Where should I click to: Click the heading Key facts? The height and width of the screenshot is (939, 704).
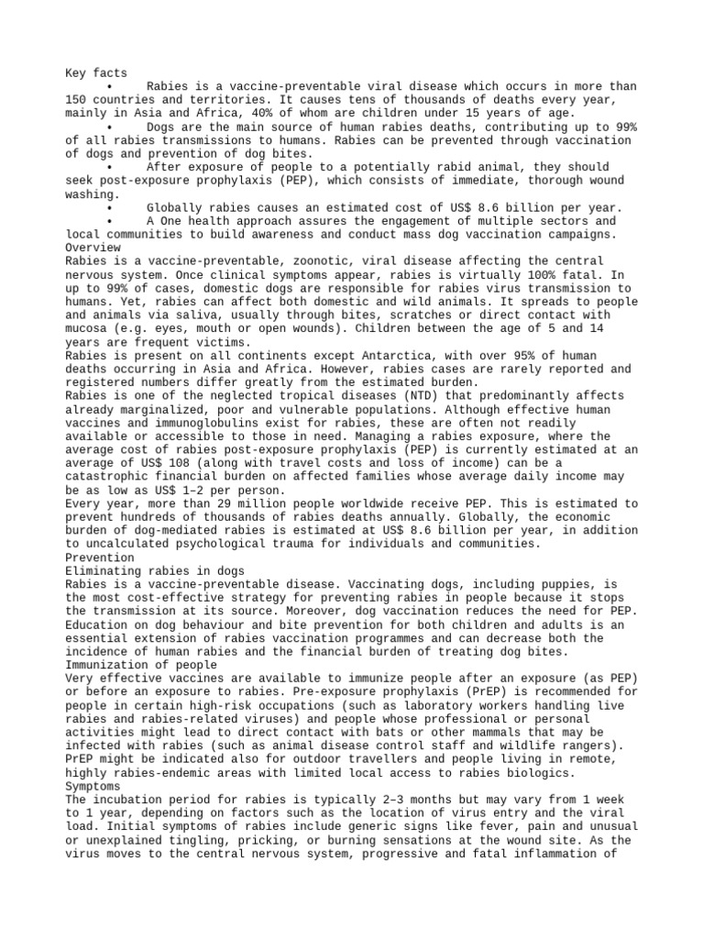96,73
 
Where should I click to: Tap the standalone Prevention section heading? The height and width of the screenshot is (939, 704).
100,557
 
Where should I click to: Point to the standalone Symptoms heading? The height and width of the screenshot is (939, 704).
93,786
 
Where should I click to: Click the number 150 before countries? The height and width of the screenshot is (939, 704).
77,100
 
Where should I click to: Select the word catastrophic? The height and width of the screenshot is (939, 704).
108,477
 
